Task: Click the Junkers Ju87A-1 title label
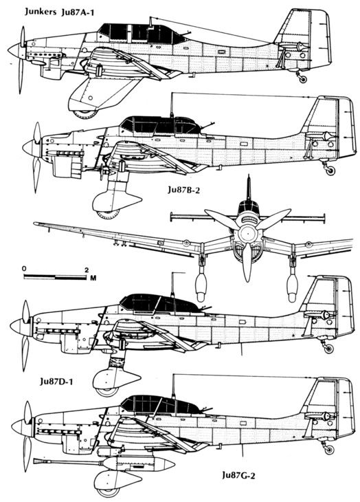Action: click(x=60, y=12)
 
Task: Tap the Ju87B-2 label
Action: click(x=184, y=190)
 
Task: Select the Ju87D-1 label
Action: click(x=56, y=381)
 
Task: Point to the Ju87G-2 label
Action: click(x=239, y=475)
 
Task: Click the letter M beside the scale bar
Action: click(x=93, y=279)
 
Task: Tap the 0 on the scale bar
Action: click(x=24, y=268)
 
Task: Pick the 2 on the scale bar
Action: click(x=87, y=270)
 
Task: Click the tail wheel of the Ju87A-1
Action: click(x=302, y=79)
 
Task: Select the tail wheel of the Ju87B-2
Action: click(x=330, y=171)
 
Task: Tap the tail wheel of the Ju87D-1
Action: click(x=328, y=349)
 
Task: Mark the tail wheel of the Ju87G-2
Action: click(x=328, y=450)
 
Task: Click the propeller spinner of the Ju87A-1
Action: click(x=14, y=51)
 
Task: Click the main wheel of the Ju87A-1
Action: click(x=85, y=114)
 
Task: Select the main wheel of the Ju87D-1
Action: click(x=107, y=391)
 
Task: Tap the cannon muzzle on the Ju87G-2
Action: click(x=36, y=461)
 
